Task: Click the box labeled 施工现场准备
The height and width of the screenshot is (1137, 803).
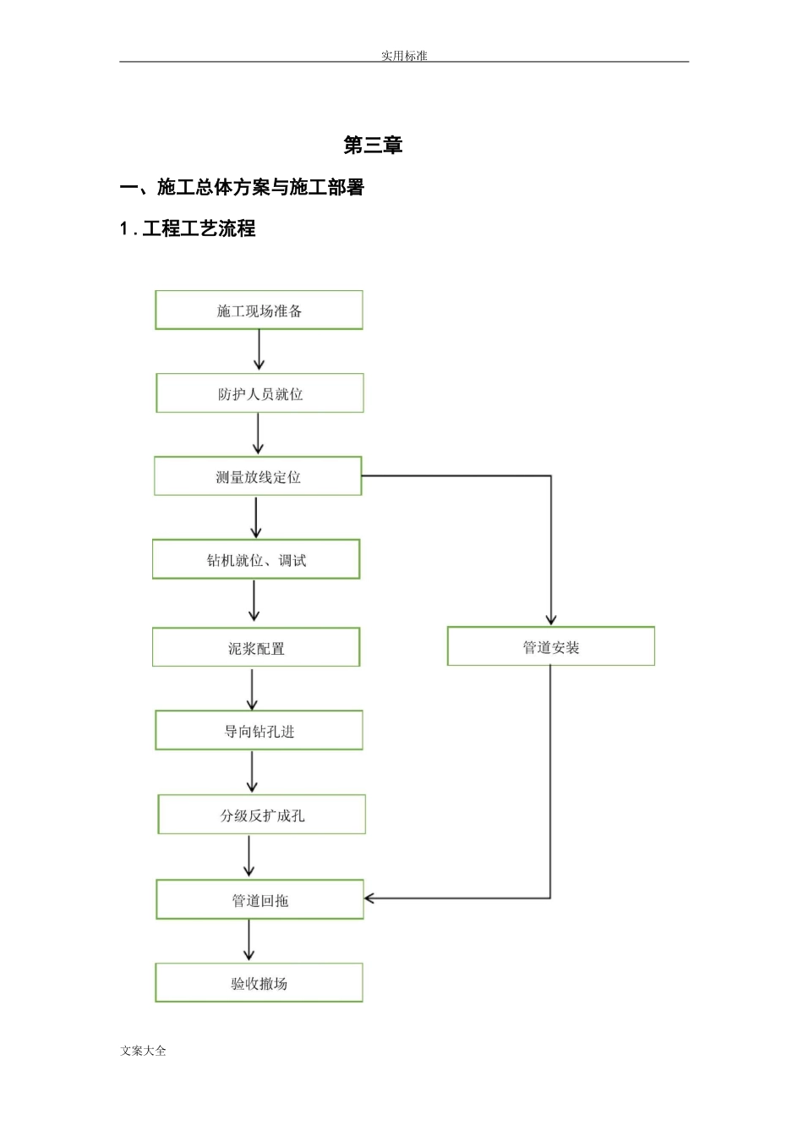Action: (259, 310)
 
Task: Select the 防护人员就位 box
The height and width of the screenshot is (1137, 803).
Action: (259, 393)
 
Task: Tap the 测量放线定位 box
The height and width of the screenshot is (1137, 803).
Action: (258, 476)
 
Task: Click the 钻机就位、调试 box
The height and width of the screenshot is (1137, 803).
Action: (256, 559)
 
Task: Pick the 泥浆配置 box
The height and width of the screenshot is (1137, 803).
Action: (256, 647)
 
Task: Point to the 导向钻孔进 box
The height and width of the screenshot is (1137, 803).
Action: (259, 730)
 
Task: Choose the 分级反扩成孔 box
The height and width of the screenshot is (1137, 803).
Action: (262, 815)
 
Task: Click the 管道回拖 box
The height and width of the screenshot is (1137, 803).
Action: (259, 899)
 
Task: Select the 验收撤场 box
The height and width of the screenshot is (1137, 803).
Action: (259, 983)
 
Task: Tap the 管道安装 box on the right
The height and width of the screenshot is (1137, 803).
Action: (551, 646)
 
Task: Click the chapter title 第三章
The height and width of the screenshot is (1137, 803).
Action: (373, 145)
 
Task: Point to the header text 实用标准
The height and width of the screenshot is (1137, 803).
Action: (404, 56)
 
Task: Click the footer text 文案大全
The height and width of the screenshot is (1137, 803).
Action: (144, 1051)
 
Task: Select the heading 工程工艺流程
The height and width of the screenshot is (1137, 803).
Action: (199, 228)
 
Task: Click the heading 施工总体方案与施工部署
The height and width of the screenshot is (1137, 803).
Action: (260, 187)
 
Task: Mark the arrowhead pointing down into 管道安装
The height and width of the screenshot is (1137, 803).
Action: (551, 619)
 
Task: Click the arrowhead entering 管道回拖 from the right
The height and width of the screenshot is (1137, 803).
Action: (370, 898)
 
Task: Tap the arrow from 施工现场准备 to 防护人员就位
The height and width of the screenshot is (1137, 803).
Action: (259, 350)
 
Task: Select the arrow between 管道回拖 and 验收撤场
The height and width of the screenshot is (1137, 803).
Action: (249, 940)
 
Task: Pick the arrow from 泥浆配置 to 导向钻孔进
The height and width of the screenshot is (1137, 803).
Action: (252, 689)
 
